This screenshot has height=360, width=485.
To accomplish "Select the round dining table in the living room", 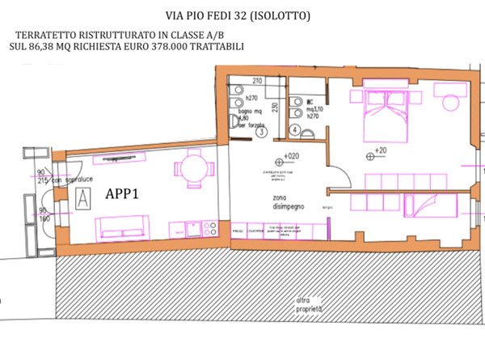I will pyautogui.click(x=191, y=170).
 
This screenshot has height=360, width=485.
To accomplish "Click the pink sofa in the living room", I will pyautogui.click(x=122, y=226).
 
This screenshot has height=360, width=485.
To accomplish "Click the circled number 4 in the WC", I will pyautogui.click(x=295, y=129).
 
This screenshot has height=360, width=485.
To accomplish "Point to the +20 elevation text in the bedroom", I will pyautogui.click(x=378, y=152).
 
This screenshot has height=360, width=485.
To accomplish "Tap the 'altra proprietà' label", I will pyautogui.click(x=308, y=306).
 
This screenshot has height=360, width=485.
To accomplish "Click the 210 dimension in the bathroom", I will pyautogui.click(x=258, y=82).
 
